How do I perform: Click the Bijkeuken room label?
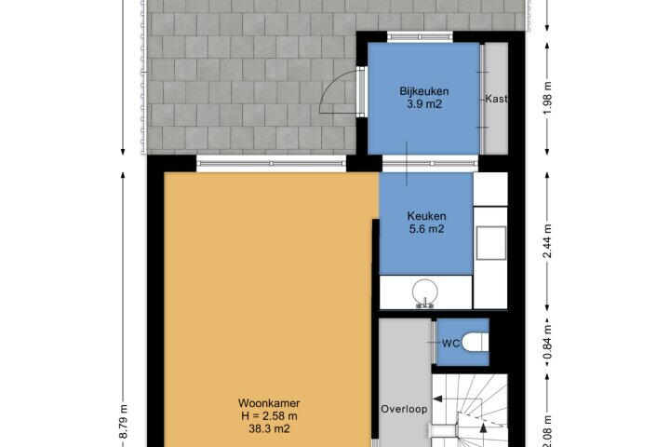pyautogui.click(x=424, y=91)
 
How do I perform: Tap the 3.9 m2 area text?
pyautogui.click(x=424, y=104)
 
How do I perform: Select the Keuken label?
pyautogui.click(x=426, y=216)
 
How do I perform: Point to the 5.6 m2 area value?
pyautogui.click(x=426, y=229)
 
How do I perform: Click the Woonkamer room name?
pyautogui.click(x=269, y=403)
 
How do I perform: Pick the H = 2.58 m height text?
pyautogui.click(x=269, y=415)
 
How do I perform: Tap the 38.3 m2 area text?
pyautogui.click(x=269, y=428)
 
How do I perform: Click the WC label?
pyautogui.click(x=450, y=343)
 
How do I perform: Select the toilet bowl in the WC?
pyautogui.click(x=476, y=342)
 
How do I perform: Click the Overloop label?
pyautogui.click(x=404, y=409)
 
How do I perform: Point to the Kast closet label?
pyautogui.click(x=496, y=99)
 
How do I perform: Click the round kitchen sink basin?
pyautogui.click(x=425, y=291)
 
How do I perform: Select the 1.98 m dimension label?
pyautogui.click(x=547, y=97)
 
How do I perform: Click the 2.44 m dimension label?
pyautogui.click(x=547, y=241)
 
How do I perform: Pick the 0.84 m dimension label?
pyautogui.click(x=547, y=342)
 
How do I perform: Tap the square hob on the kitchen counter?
pyautogui.click(x=491, y=242)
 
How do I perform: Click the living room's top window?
pyautogui.click(x=271, y=163)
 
